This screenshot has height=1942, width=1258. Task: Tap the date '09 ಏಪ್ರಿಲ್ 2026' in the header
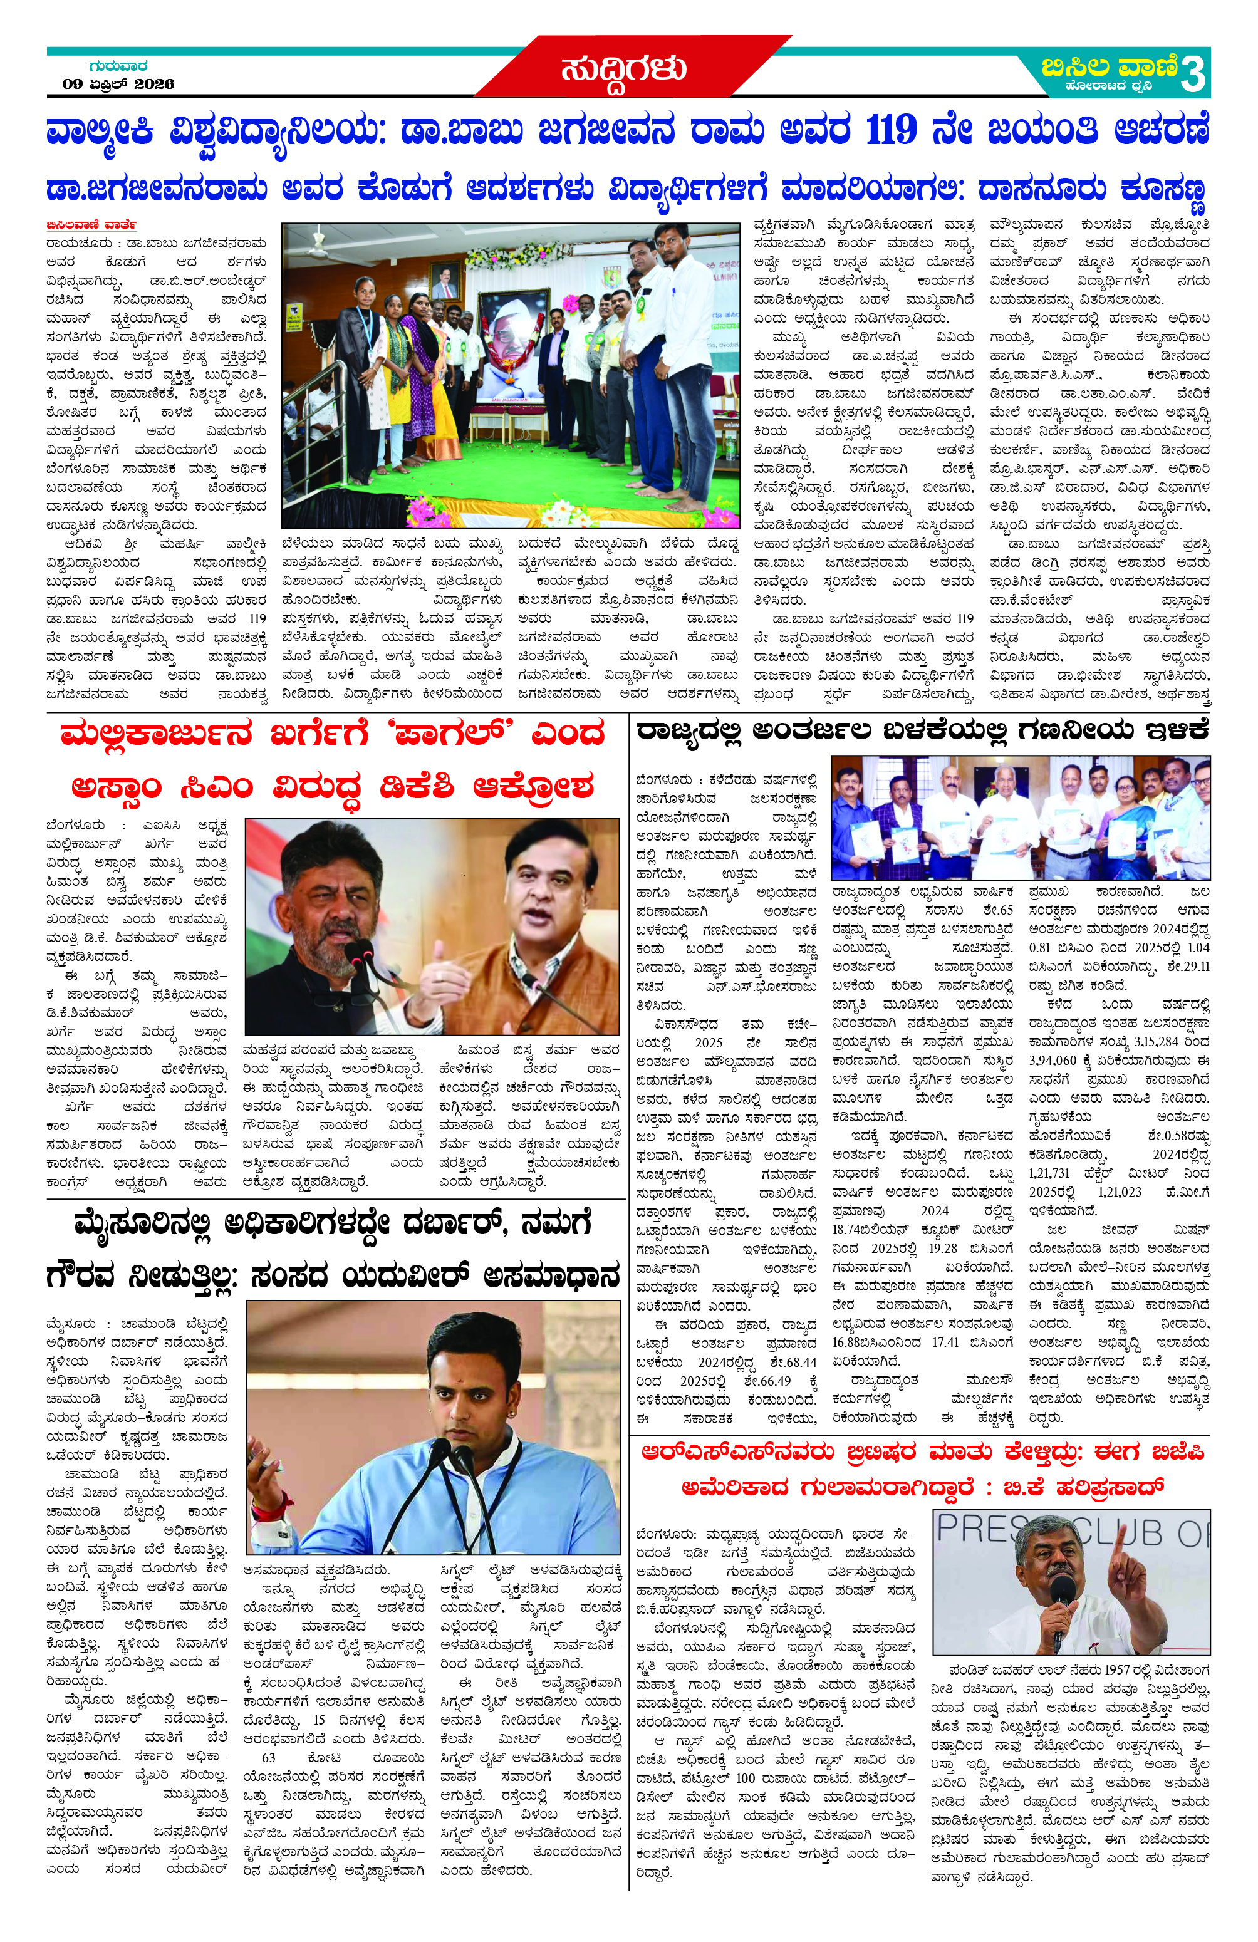[x=118, y=84]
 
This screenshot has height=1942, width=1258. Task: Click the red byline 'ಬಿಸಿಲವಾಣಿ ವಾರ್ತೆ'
[x=91, y=224]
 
